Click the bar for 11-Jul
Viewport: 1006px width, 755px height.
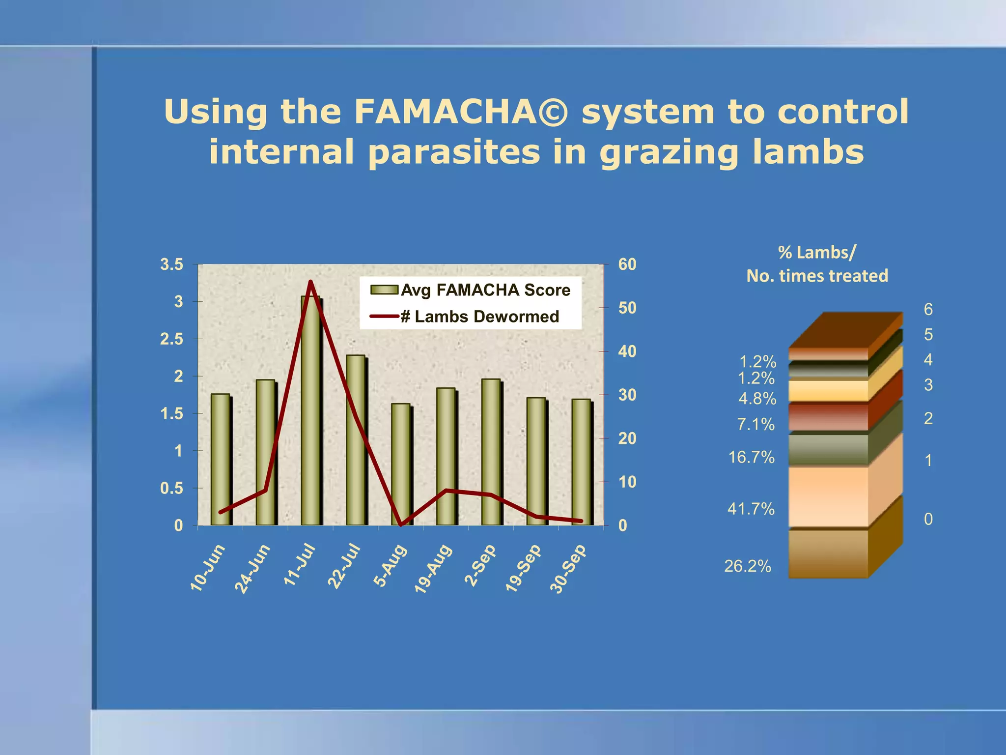point(310,413)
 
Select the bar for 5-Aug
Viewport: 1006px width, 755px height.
point(400,465)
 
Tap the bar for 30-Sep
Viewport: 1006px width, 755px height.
point(581,462)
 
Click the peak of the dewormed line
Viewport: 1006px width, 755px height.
point(310,282)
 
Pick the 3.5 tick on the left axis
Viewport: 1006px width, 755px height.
point(171,264)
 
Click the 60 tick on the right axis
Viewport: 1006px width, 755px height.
point(627,264)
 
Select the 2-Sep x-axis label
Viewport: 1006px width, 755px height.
point(480,565)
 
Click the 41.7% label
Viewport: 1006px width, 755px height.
point(751,508)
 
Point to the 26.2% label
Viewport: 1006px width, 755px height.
point(747,566)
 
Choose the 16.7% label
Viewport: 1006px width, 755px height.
point(751,457)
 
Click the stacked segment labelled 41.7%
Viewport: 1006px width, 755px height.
point(828,496)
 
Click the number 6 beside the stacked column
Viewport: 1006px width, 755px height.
point(928,309)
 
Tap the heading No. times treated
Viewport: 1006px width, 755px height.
point(817,276)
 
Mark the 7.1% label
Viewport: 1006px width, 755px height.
point(755,424)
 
